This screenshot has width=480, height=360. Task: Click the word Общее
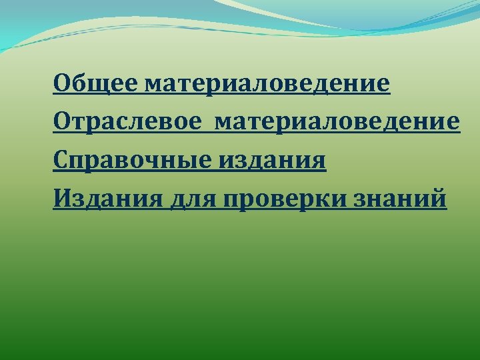click(95, 85)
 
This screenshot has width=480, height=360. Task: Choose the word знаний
click(405, 199)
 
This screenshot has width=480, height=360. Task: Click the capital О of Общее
click(63, 85)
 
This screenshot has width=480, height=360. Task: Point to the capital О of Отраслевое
click(63, 123)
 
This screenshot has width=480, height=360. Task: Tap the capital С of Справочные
click(62, 161)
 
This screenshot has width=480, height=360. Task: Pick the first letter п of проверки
click(234, 199)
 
